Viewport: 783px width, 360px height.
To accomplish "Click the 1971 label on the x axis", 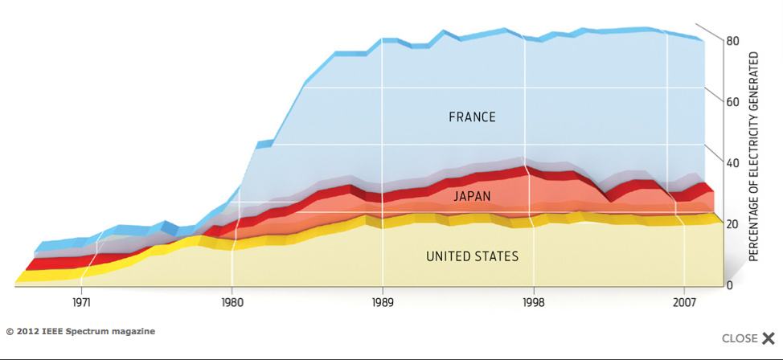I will point(81,303).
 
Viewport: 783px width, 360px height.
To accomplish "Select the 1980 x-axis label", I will point(232,303).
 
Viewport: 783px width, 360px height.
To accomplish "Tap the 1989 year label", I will point(383,303).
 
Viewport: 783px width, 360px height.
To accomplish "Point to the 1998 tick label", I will point(534,303).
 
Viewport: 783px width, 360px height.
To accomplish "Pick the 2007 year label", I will point(684,303).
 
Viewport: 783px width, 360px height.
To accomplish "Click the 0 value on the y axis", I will point(729,285).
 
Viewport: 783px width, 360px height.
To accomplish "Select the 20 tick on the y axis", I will point(732,224).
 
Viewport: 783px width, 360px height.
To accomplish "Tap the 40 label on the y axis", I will point(732,163).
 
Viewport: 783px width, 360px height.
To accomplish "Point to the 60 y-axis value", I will point(732,102).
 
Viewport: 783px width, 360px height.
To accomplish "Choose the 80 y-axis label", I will point(732,41).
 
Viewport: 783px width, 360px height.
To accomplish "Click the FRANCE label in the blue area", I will point(473,117).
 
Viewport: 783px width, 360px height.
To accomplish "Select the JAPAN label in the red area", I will point(473,196).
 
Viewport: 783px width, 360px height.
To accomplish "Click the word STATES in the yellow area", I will point(498,257).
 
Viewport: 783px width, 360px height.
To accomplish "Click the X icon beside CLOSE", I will point(769,338).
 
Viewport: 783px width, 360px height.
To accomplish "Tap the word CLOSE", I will point(740,338).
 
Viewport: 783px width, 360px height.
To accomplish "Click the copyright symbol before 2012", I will point(10,331).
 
